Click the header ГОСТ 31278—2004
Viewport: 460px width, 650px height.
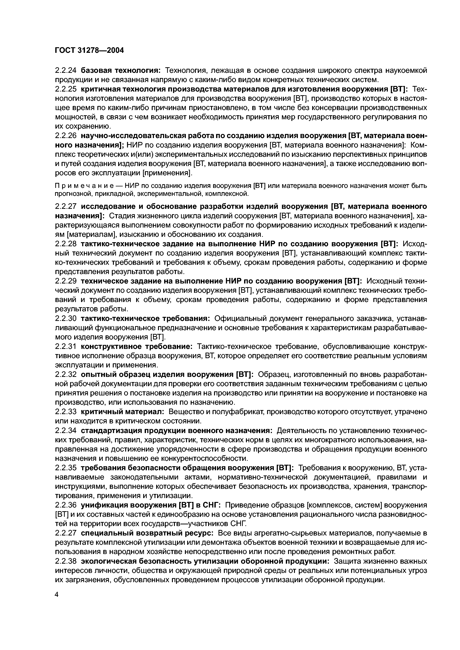pyautogui.click(x=89, y=51)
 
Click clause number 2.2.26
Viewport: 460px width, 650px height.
pyautogui.click(x=66, y=136)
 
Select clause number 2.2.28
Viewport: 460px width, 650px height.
pyautogui.click(x=66, y=244)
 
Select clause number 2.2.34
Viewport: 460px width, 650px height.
pyautogui.click(x=66, y=431)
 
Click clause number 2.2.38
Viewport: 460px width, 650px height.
pyautogui.click(x=66, y=561)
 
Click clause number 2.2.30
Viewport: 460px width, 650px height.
pyautogui.click(x=66, y=319)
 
